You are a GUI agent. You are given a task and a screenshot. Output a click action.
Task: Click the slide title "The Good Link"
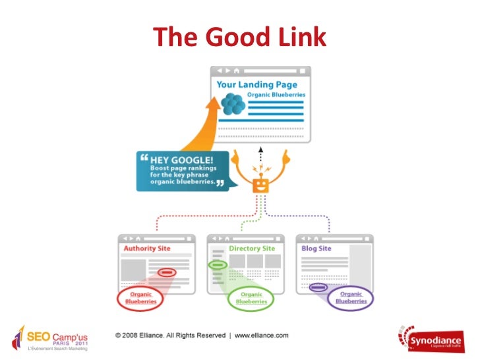click(240, 37)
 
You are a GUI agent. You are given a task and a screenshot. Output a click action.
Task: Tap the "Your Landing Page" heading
click(257, 84)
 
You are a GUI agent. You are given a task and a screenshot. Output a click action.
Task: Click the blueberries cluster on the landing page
click(233, 105)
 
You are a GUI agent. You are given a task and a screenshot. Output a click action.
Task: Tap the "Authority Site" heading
click(146, 249)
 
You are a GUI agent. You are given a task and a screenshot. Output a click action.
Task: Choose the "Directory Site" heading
click(252, 249)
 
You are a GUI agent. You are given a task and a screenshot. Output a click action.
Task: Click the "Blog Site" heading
click(316, 249)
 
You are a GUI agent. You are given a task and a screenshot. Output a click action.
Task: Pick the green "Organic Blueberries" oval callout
click(251, 298)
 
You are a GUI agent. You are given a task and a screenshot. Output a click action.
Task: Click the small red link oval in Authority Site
click(166, 272)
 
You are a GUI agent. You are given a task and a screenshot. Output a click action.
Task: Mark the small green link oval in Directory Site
click(218, 265)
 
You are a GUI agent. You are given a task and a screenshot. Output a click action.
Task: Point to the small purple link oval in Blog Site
click(318, 287)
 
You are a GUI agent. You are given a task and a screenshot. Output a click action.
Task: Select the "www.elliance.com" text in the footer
click(262, 336)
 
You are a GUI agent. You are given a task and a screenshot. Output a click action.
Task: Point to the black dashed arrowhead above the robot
click(261, 150)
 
